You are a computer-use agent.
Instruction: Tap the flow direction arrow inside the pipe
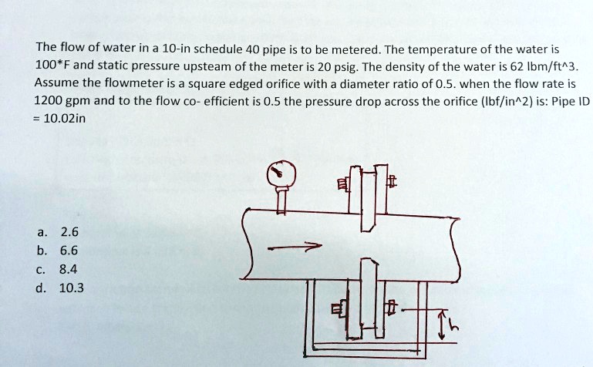294,248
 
